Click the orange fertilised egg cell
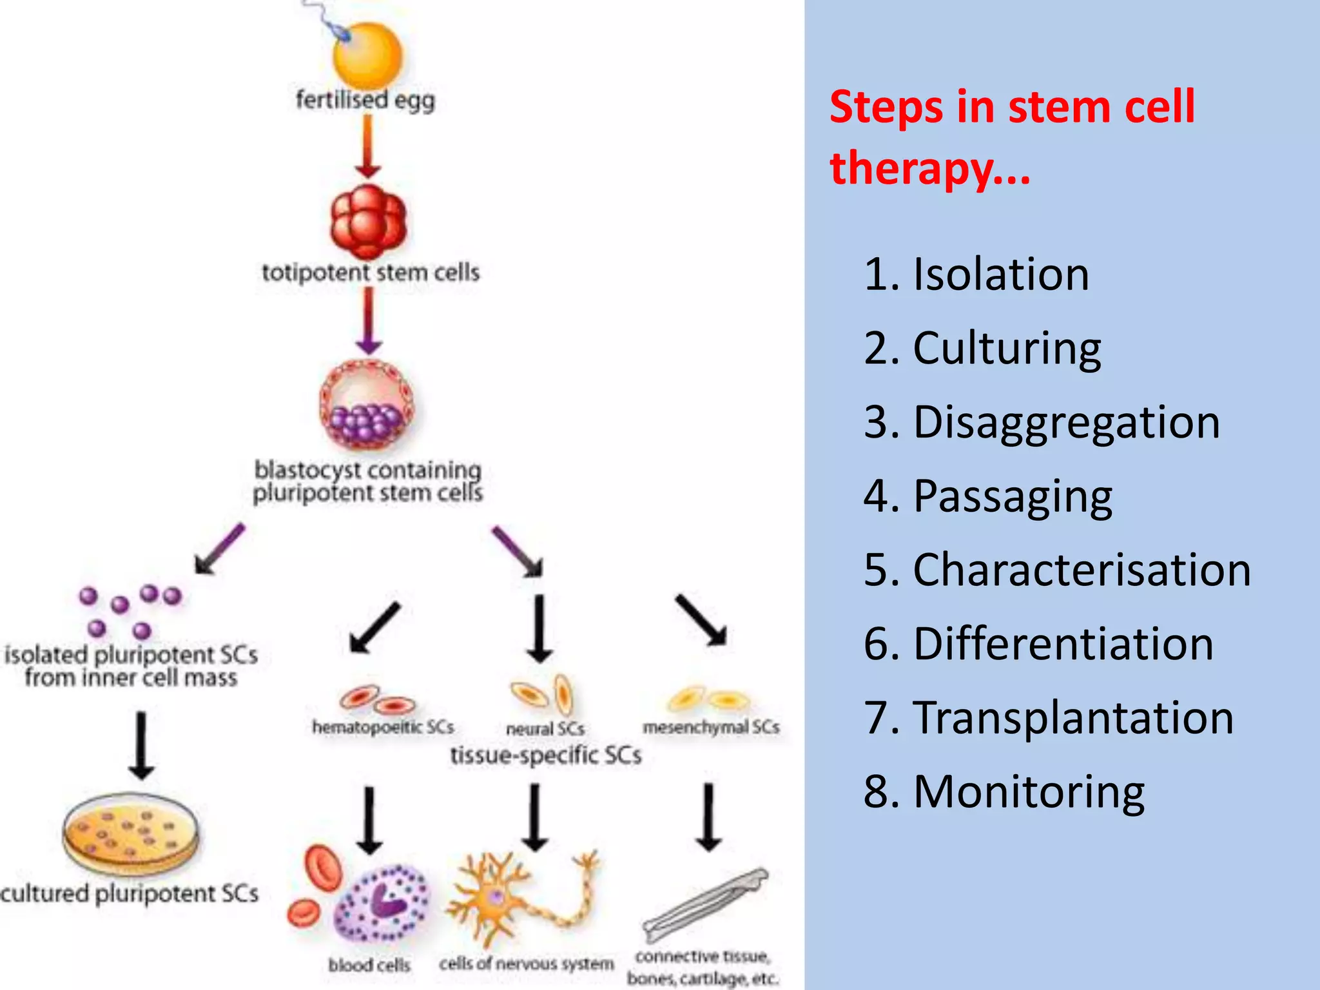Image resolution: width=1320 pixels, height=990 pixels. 367,57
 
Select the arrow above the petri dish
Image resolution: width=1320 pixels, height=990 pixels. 141,744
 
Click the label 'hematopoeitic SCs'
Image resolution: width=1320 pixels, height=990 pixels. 383,727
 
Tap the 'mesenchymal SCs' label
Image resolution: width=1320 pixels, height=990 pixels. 711,727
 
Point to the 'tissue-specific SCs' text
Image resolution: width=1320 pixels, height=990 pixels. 545,755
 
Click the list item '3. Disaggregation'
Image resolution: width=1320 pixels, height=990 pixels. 1042,422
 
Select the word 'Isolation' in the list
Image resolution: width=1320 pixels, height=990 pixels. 1001,274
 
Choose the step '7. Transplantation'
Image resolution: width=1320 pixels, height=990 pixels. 1049,717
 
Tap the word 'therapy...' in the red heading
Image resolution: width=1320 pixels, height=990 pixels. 930,168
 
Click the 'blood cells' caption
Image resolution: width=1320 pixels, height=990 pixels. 369,965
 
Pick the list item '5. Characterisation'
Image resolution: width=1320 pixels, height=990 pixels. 1057,570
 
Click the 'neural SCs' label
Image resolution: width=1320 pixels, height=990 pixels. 545,729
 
